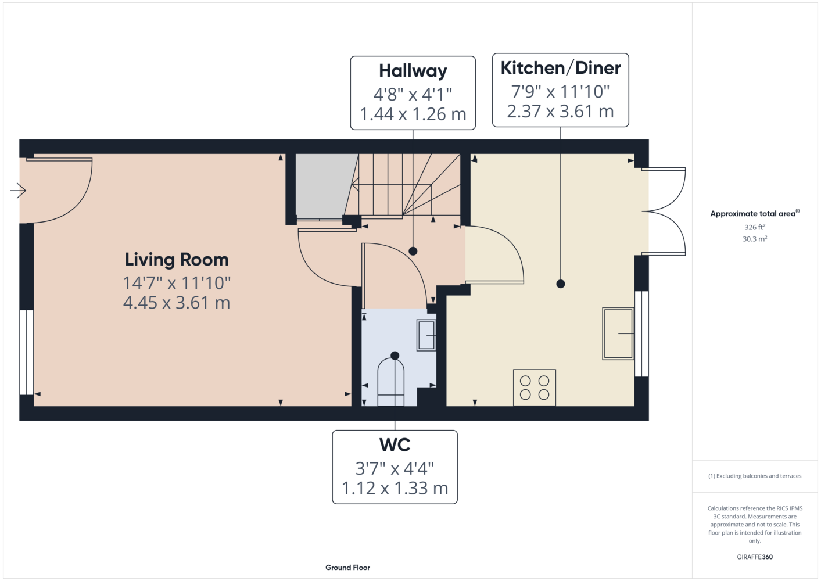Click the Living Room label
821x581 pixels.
(x=177, y=260)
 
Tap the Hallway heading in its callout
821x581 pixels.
(x=413, y=71)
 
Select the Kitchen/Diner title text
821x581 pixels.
(x=560, y=68)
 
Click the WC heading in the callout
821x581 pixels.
(x=395, y=444)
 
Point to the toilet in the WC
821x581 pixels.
(x=390, y=382)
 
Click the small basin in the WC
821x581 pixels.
(x=426, y=335)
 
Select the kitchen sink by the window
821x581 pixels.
(x=618, y=333)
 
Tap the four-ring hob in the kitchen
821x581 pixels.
(x=535, y=388)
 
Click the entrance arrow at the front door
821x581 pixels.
(x=18, y=190)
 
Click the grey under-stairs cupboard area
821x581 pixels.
(x=324, y=187)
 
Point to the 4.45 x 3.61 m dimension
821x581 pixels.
(x=177, y=303)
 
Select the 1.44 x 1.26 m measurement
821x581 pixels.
(x=413, y=114)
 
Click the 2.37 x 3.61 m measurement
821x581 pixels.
(x=560, y=111)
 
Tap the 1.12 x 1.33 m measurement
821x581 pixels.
(x=395, y=488)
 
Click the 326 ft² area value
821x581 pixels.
(x=755, y=227)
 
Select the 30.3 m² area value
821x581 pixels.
(x=755, y=239)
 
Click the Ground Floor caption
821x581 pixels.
(x=348, y=568)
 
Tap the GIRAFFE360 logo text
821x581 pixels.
(x=755, y=557)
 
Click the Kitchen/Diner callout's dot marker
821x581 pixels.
(x=560, y=284)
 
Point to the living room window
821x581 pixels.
(x=26, y=352)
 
